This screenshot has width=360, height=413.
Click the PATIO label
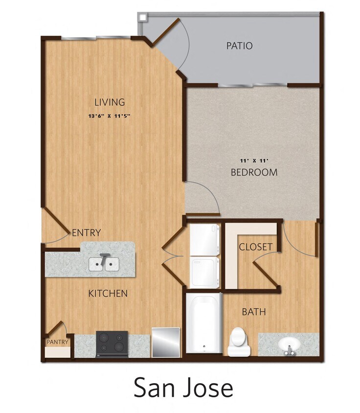[240, 46]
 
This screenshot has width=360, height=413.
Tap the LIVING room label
[110, 102]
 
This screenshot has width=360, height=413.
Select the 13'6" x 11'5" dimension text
[110, 116]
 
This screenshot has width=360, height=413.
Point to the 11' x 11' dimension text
[254, 161]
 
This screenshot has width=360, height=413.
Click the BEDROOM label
[254, 173]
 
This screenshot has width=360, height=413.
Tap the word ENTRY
[87, 232]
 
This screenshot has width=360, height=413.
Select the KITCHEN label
[108, 294]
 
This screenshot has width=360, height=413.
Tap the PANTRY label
[57, 342]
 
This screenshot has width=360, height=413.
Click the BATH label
[254, 312]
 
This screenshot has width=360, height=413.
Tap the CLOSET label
[255, 247]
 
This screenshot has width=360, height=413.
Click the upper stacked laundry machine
[204, 240]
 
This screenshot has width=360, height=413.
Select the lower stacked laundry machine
[204, 273]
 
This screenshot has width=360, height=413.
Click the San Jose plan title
[183, 388]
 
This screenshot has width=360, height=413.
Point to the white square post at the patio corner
[142, 17]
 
